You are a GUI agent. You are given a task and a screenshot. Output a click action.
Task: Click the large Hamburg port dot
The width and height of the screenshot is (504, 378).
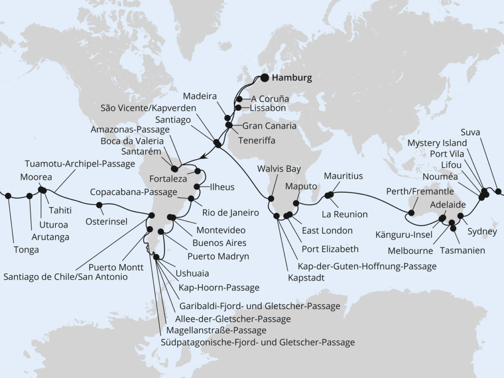point(265,77)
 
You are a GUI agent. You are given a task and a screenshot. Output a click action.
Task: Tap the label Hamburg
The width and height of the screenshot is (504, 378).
point(292,78)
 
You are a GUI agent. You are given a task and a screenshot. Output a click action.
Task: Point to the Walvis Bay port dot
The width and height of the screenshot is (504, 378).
point(270,199)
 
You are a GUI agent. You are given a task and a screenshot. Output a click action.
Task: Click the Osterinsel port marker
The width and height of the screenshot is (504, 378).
point(99,205)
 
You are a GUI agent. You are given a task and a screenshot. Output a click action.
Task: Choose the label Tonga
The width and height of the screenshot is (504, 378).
point(26,250)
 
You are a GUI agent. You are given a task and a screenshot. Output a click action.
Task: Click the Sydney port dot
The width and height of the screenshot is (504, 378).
point(461,216)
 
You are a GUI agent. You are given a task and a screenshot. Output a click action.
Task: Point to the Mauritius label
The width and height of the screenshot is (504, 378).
point(343,176)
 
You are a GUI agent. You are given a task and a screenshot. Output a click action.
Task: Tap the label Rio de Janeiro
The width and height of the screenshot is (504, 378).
point(231,213)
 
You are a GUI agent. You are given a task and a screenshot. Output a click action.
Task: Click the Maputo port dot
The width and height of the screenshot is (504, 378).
point(296,203)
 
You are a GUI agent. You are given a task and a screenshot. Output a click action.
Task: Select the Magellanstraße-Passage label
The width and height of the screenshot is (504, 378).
point(216,330)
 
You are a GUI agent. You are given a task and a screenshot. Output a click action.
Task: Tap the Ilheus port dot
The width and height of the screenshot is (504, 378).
point(196,187)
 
